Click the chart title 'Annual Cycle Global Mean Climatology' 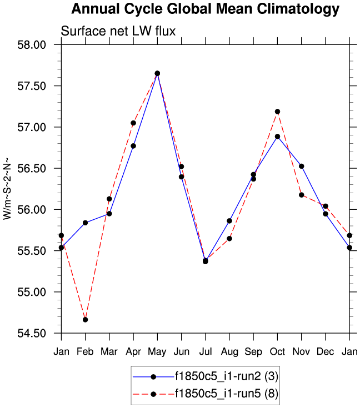tap(205, 9)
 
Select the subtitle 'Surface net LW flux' tap(118, 31)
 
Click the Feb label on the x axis tap(85, 351)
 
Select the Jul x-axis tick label tap(206, 351)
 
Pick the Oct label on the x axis tap(277, 351)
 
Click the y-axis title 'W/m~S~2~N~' tap(7, 189)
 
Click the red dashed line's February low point tap(85, 320)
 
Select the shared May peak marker tap(157, 73)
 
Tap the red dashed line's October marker tap(277, 112)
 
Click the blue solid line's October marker tap(277, 137)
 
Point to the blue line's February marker tap(85, 223)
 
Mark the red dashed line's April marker tap(133, 123)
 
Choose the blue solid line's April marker tap(133, 146)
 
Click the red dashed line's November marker tap(302, 195)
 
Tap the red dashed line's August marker tap(229, 239)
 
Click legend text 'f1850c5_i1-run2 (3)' tap(227, 376)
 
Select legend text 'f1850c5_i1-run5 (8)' tap(227, 394)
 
